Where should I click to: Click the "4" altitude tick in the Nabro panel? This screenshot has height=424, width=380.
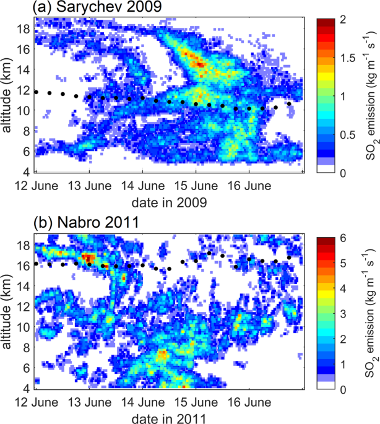(x=25, y=388)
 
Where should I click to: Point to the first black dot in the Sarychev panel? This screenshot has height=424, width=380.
(x=37, y=92)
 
